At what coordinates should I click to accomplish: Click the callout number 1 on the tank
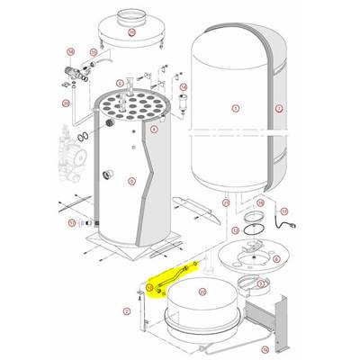click(x=235, y=109)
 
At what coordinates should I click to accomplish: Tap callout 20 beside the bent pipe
click(x=66, y=104)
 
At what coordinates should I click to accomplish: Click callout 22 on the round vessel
click(x=202, y=292)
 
